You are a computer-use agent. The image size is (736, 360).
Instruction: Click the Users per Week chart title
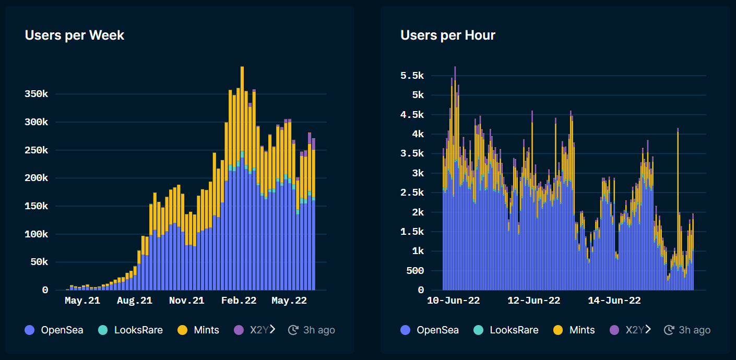point(75,35)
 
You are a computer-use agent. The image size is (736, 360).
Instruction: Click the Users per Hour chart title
point(448,35)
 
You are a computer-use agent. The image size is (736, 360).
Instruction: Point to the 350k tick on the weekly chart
point(37,94)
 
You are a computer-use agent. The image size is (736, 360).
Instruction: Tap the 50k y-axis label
point(39,262)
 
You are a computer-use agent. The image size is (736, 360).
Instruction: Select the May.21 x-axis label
point(82,301)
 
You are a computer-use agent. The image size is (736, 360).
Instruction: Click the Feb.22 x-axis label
point(239,301)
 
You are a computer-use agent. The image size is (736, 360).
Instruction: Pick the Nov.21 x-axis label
point(186,301)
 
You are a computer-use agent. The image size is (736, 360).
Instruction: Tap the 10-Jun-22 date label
point(453,301)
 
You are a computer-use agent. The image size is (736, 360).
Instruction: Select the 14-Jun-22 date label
point(614,301)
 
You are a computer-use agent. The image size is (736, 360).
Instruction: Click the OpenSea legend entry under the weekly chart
point(54,330)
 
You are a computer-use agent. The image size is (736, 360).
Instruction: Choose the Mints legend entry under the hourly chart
point(574,330)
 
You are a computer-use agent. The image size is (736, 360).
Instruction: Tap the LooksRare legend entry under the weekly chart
point(130,330)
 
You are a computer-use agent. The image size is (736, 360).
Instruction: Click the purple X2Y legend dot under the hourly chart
point(614,330)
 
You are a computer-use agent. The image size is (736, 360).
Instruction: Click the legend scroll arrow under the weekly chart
point(272,329)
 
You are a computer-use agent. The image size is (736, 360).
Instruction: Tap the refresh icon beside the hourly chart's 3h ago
point(669,330)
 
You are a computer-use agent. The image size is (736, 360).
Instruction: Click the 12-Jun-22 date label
point(534,301)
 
